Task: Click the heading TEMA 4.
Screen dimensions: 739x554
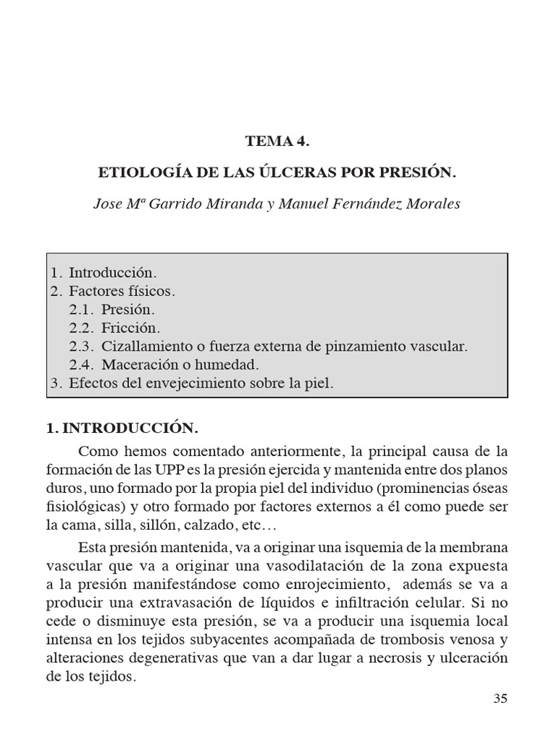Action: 277,141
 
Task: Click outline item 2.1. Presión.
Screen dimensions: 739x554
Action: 113,310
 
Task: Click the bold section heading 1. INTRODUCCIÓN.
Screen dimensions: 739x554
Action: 122,428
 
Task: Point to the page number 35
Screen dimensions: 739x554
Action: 501,698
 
